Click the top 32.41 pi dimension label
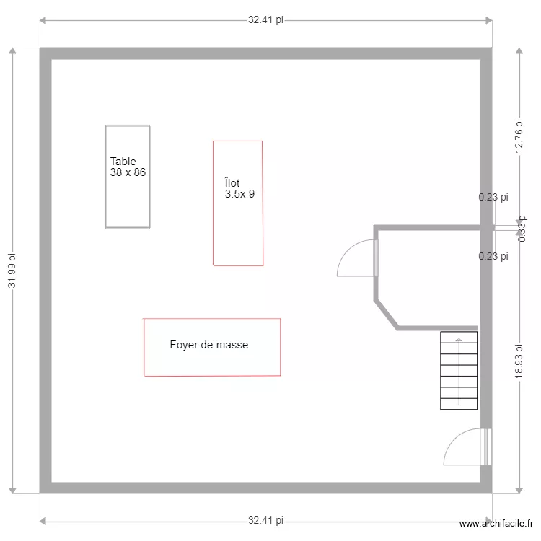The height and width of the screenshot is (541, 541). point(265,20)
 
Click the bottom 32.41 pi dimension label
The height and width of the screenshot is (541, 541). point(265,520)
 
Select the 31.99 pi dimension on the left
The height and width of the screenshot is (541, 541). point(12,270)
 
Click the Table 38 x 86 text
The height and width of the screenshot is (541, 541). point(129,167)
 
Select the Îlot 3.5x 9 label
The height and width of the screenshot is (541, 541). point(239,188)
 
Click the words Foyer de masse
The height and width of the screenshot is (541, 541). point(209,346)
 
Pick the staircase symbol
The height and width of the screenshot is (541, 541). point(459,370)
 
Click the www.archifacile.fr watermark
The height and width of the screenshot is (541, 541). point(496,524)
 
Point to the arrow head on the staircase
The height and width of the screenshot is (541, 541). point(459,340)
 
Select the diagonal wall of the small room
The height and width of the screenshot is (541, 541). point(386,315)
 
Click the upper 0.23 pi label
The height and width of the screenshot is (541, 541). point(493,197)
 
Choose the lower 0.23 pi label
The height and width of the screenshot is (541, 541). point(493,256)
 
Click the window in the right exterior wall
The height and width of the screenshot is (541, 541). point(486,447)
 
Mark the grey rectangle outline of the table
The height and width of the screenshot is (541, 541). point(106,177)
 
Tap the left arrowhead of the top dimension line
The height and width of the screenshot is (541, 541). point(43,20)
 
